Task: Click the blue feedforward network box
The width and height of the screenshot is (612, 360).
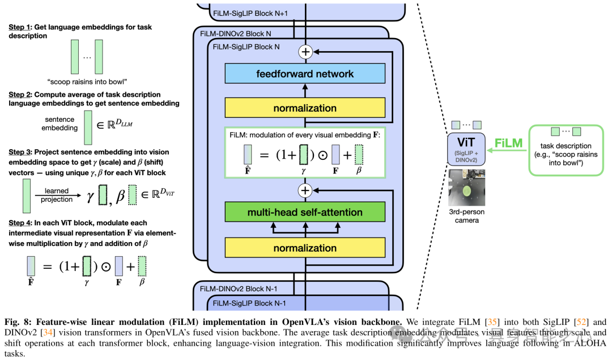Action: click(305, 74)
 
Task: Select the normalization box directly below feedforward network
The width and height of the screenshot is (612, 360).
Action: click(305, 108)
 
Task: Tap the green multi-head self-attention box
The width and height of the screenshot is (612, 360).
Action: click(305, 212)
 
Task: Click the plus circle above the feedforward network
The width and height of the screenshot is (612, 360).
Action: click(305, 52)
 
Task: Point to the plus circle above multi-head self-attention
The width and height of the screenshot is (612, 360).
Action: click(305, 190)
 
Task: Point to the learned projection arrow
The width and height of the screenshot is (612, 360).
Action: click(58, 194)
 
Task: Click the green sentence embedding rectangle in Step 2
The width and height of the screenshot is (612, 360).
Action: click(88, 127)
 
